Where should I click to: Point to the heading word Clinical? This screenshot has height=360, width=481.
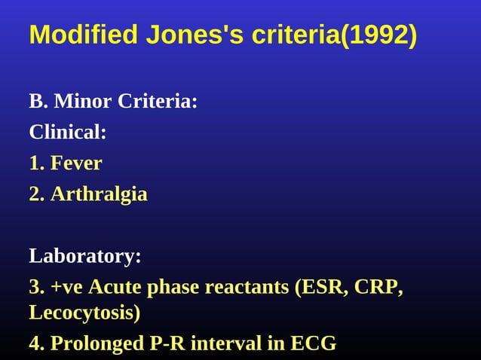click(68, 133)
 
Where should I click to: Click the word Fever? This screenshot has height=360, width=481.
click(76, 163)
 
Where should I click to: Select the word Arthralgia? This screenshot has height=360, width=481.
click(99, 194)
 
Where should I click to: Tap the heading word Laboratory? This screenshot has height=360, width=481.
click(85, 256)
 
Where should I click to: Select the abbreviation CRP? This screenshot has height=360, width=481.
click(380, 287)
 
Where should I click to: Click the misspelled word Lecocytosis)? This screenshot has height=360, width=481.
click(84, 312)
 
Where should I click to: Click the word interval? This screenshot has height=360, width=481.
click(224, 343)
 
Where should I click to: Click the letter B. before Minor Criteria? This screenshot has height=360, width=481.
click(37, 102)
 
